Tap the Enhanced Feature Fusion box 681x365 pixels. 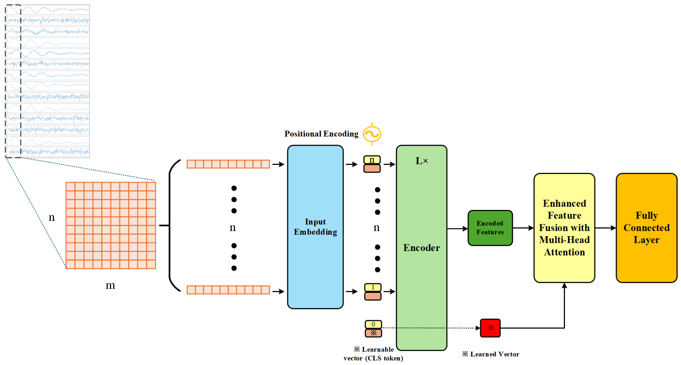(564, 228)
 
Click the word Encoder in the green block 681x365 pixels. (421, 248)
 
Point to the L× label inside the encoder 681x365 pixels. (421, 161)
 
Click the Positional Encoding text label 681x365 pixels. (321, 134)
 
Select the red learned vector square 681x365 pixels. (490, 328)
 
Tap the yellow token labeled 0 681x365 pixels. (373, 324)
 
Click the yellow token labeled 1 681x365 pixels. (373, 287)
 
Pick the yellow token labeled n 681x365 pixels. (372, 160)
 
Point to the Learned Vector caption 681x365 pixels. (491, 354)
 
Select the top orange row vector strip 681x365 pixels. (228, 164)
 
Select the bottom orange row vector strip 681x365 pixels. (228, 290)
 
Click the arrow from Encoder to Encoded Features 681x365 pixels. (457, 229)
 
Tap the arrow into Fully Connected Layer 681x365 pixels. (605, 228)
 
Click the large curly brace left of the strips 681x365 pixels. (170, 226)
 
